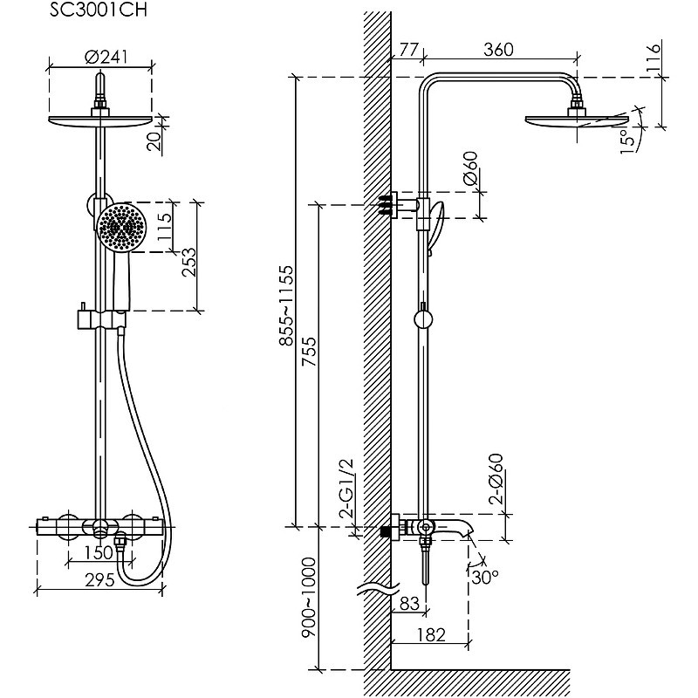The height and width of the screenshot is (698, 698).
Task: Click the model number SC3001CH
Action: tap(98, 10)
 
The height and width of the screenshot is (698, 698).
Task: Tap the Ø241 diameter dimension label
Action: tap(106, 58)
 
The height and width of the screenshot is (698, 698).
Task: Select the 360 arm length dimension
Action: tap(498, 50)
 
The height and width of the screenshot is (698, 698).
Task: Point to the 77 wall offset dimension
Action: tap(408, 50)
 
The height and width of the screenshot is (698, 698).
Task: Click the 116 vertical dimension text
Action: tap(653, 56)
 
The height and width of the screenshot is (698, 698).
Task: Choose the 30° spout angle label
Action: tap(485, 578)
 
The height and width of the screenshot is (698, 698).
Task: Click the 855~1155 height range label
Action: tap(286, 305)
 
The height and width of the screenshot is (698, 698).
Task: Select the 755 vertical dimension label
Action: tap(309, 352)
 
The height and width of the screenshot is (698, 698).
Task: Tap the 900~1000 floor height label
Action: tap(309, 597)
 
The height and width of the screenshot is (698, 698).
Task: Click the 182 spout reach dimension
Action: tap(431, 635)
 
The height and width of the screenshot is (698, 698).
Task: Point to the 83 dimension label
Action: tap(409, 604)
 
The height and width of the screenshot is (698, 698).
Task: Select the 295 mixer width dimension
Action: tap(99, 580)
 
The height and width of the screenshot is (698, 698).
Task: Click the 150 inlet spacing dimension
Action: tap(99, 552)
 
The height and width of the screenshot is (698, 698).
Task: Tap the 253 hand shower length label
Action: tap(188, 263)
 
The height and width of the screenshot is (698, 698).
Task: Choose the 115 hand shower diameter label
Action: tap(164, 228)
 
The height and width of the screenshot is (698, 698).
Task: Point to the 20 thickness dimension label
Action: tap(154, 142)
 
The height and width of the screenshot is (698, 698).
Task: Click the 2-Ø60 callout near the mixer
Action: tap(496, 479)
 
